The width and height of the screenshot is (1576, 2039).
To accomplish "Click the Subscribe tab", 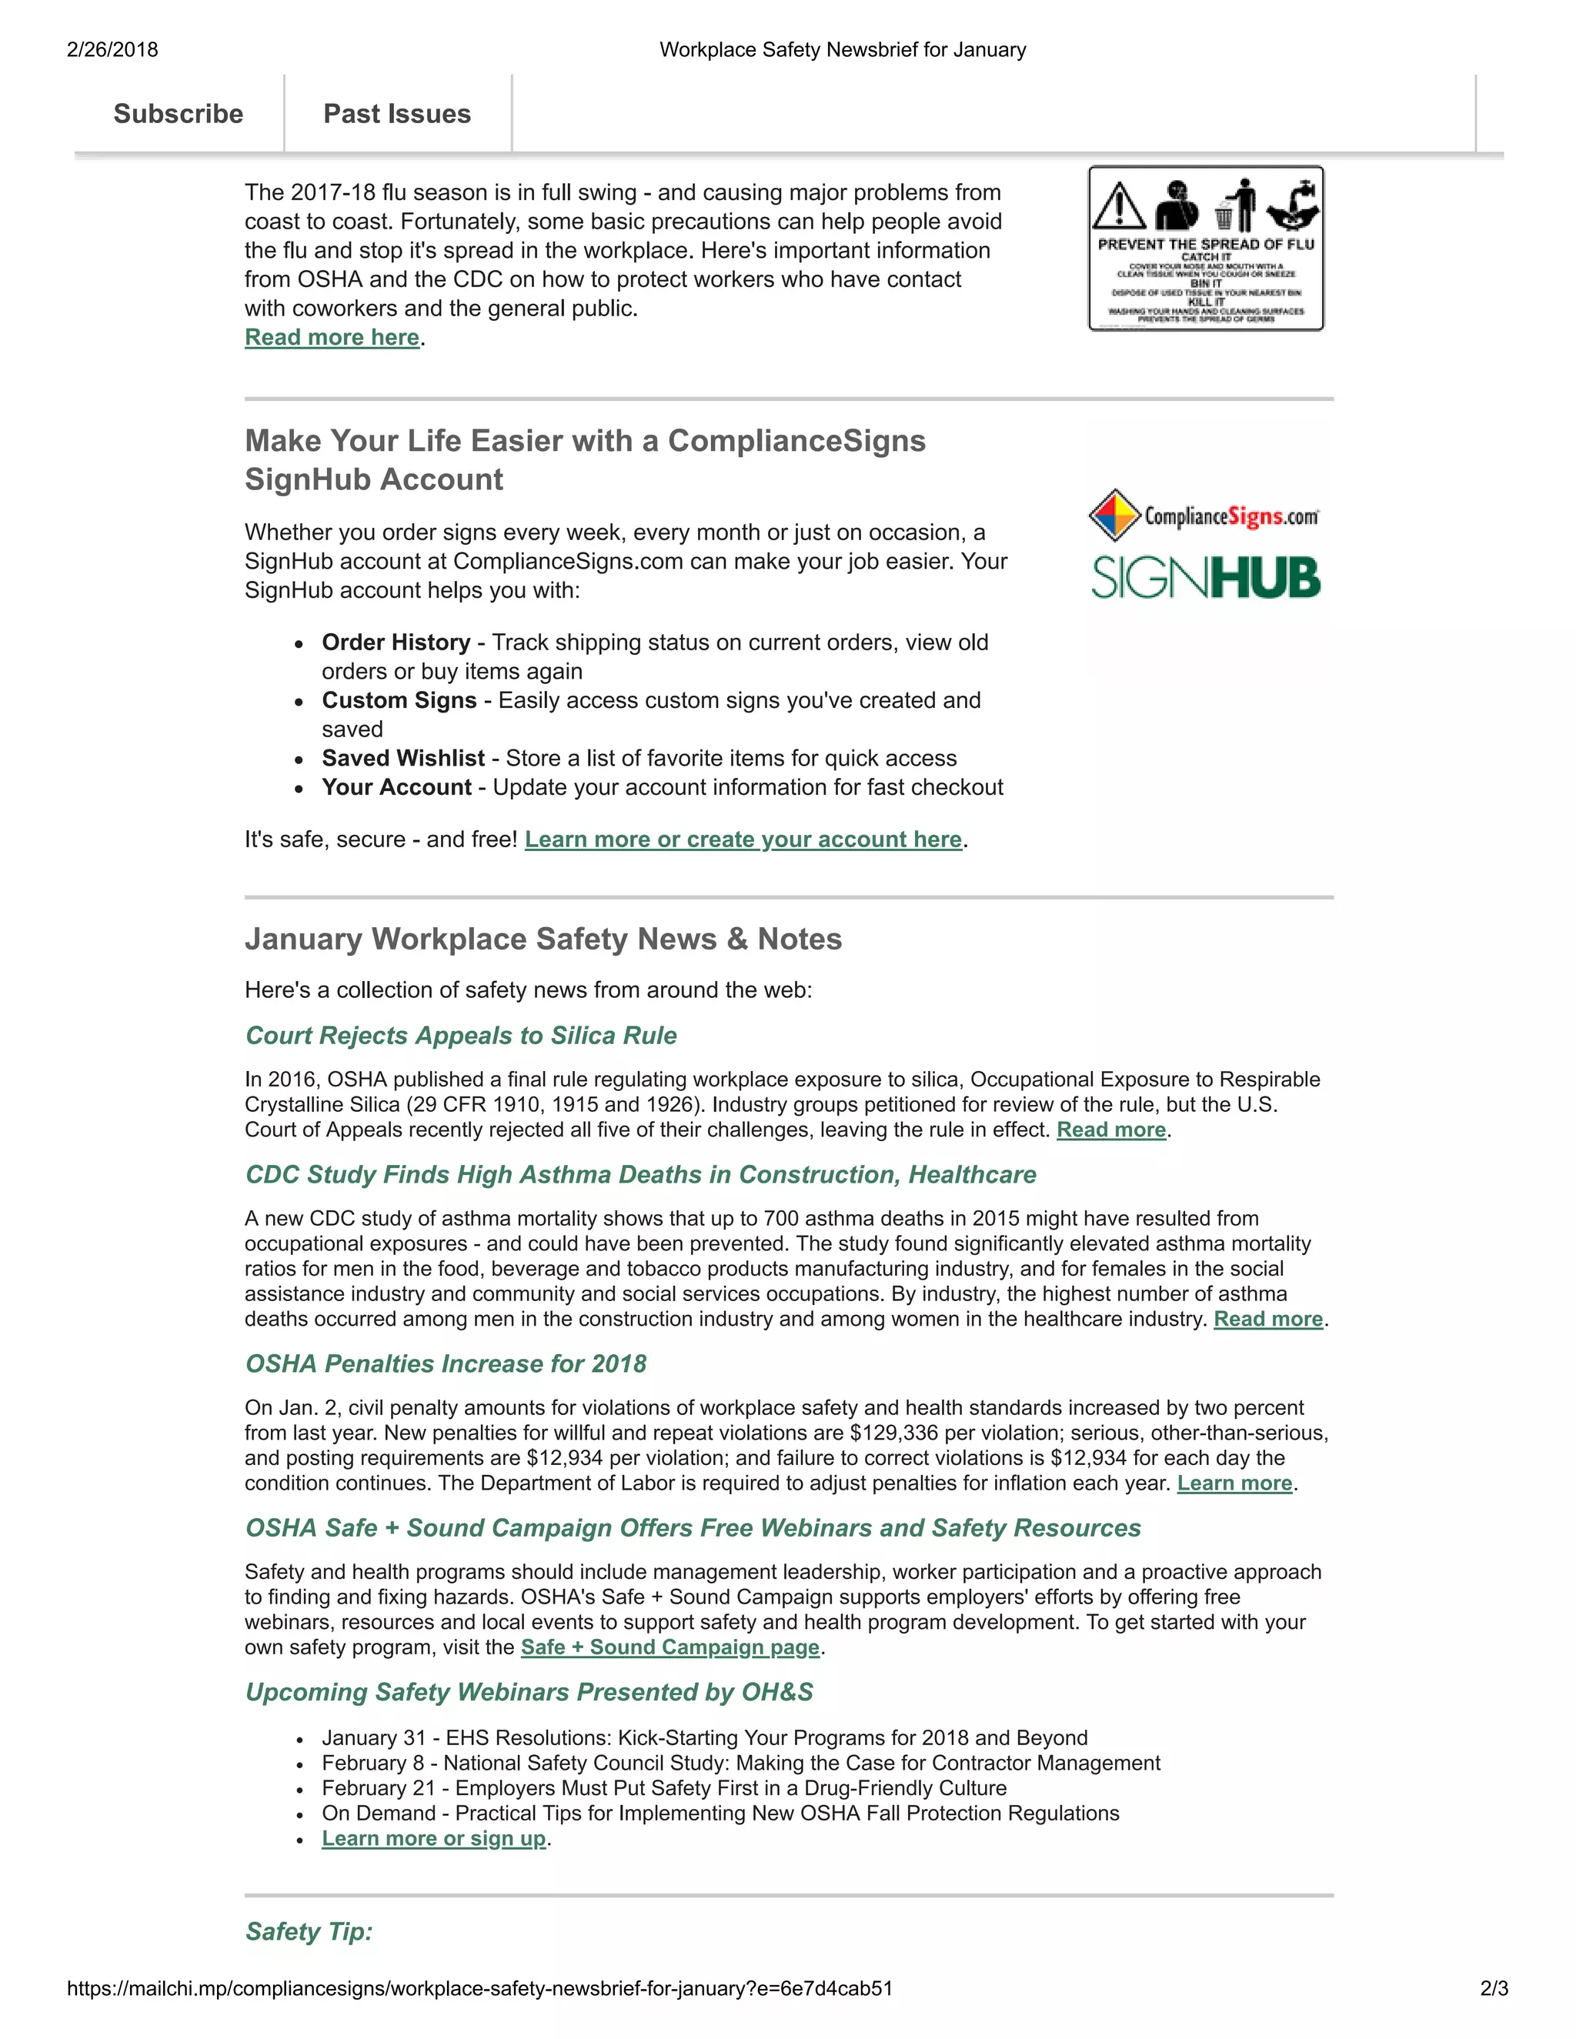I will [x=179, y=114].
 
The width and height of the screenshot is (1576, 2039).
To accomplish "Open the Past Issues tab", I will [x=397, y=114].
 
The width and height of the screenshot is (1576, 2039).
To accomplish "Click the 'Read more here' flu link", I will [x=332, y=337].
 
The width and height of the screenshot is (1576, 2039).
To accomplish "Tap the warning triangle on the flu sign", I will [x=1118, y=205].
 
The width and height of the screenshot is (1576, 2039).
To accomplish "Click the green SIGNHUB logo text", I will [x=1205, y=578].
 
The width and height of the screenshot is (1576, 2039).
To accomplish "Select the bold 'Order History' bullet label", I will [x=396, y=642].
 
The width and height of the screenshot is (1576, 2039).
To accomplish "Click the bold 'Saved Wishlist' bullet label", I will [x=403, y=758].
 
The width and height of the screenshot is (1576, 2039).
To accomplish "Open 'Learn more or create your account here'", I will [x=743, y=839].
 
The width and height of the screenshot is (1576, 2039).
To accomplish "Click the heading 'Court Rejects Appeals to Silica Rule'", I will [x=461, y=1036].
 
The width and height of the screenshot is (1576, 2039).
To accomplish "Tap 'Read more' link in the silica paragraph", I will [x=1111, y=1130].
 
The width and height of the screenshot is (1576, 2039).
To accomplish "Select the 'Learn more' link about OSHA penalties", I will [x=1234, y=1483].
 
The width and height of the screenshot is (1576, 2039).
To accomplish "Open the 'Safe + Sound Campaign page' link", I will [x=670, y=1648].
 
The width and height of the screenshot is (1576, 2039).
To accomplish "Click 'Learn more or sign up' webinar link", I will [x=434, y=1838].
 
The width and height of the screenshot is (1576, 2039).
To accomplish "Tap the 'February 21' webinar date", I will [x=378, y=1788].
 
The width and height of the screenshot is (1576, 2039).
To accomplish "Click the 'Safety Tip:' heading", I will [x=309, y=1931].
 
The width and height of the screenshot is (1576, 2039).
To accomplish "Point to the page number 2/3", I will [x=1494, y=1988].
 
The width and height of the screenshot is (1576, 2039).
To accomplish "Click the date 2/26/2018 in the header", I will [x=112, y=49].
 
